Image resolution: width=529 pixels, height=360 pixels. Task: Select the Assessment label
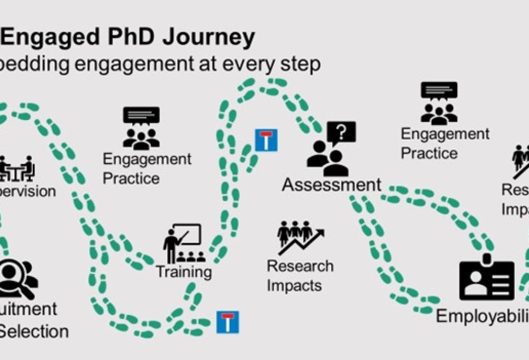332,185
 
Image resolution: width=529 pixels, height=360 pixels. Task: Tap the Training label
184,271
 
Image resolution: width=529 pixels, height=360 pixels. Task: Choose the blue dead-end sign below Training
228,322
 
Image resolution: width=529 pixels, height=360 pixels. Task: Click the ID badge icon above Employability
487,280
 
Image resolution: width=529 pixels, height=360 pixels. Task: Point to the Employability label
482,316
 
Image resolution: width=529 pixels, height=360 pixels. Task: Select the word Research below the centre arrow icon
300,266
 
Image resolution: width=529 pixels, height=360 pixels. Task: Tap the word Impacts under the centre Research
294,285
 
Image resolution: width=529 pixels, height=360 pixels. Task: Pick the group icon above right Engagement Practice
439,103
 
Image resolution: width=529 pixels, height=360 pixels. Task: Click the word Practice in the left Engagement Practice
131,178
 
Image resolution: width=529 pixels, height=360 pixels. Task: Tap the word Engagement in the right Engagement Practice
445,134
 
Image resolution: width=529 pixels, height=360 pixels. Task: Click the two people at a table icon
17,168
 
